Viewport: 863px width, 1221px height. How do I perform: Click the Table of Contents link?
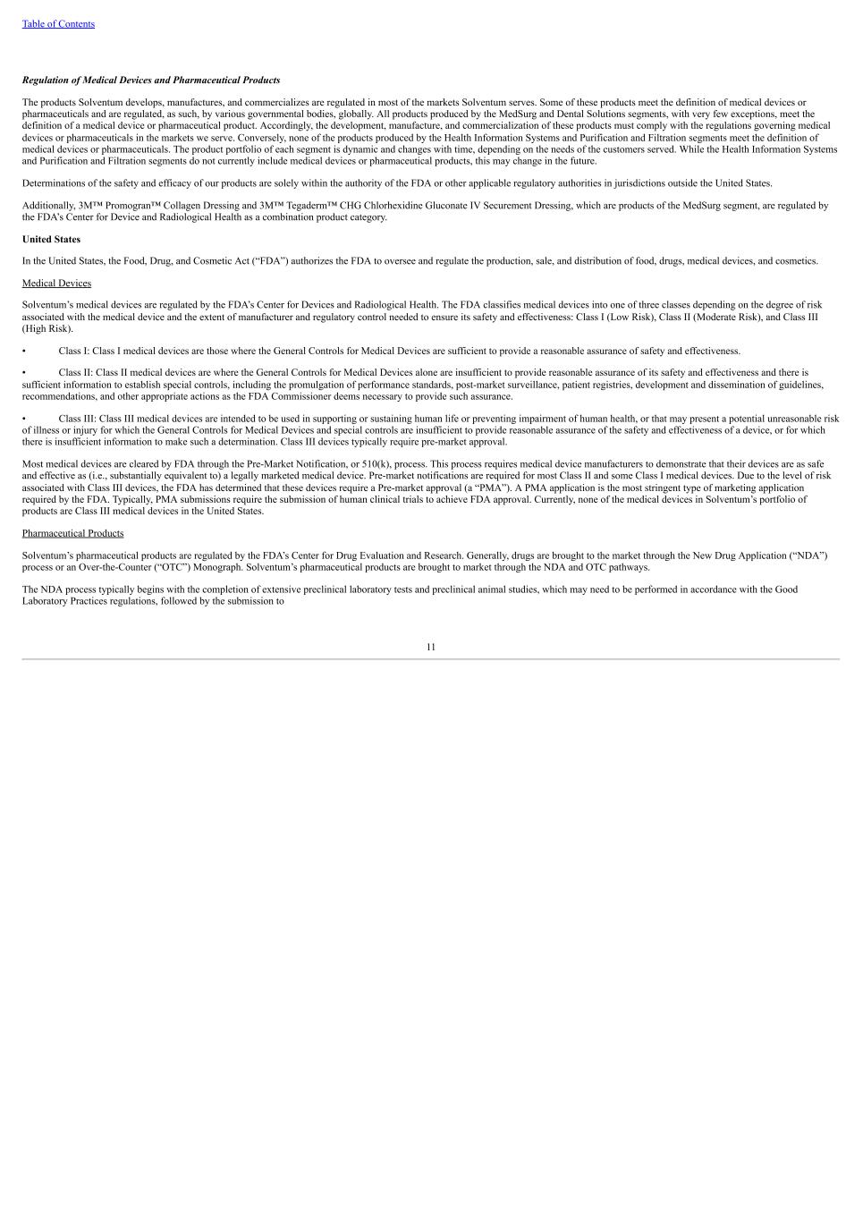(x=58, y=24)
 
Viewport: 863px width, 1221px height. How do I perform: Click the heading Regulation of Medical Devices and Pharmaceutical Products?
(x=151, y=81)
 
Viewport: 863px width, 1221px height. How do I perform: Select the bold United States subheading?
(x=51, y=240)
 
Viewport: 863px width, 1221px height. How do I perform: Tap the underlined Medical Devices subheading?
(x=56, y=284)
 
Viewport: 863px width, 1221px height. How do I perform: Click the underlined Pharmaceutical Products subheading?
(x=72, y=534)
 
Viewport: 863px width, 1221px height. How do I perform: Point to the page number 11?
(x=431, y=647)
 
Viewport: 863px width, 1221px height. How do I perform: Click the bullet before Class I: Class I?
(x=25, y=352)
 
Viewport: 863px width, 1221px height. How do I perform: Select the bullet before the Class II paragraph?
(x=25, y=373)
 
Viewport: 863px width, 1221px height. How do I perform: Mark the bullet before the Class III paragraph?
(x=25, y=419)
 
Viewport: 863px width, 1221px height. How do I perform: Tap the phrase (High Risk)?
(x=47, y=329)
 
